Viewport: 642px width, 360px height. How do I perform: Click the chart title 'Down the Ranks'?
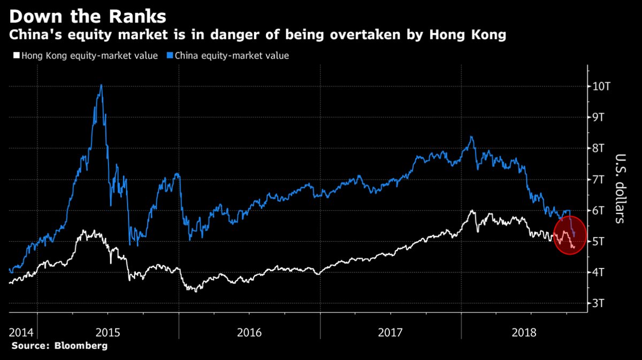coord(88,16)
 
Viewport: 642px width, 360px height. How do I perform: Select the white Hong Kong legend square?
coord(15,56)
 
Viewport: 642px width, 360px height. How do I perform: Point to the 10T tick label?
coord(602,86)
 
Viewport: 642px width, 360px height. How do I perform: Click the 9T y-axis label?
coord(599,117)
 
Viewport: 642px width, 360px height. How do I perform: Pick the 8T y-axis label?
coord(599,148)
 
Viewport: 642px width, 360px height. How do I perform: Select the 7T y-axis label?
coord(599,179)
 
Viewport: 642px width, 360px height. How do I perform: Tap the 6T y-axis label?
coord(599,210)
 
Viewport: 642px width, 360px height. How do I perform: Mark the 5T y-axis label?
coord(599,241)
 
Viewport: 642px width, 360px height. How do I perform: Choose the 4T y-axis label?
coord(599,272)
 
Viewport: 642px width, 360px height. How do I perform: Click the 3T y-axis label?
coord(599,303)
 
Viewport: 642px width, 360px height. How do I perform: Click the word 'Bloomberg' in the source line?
coord(80,346)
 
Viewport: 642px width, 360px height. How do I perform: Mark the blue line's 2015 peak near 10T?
coord(101,86)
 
